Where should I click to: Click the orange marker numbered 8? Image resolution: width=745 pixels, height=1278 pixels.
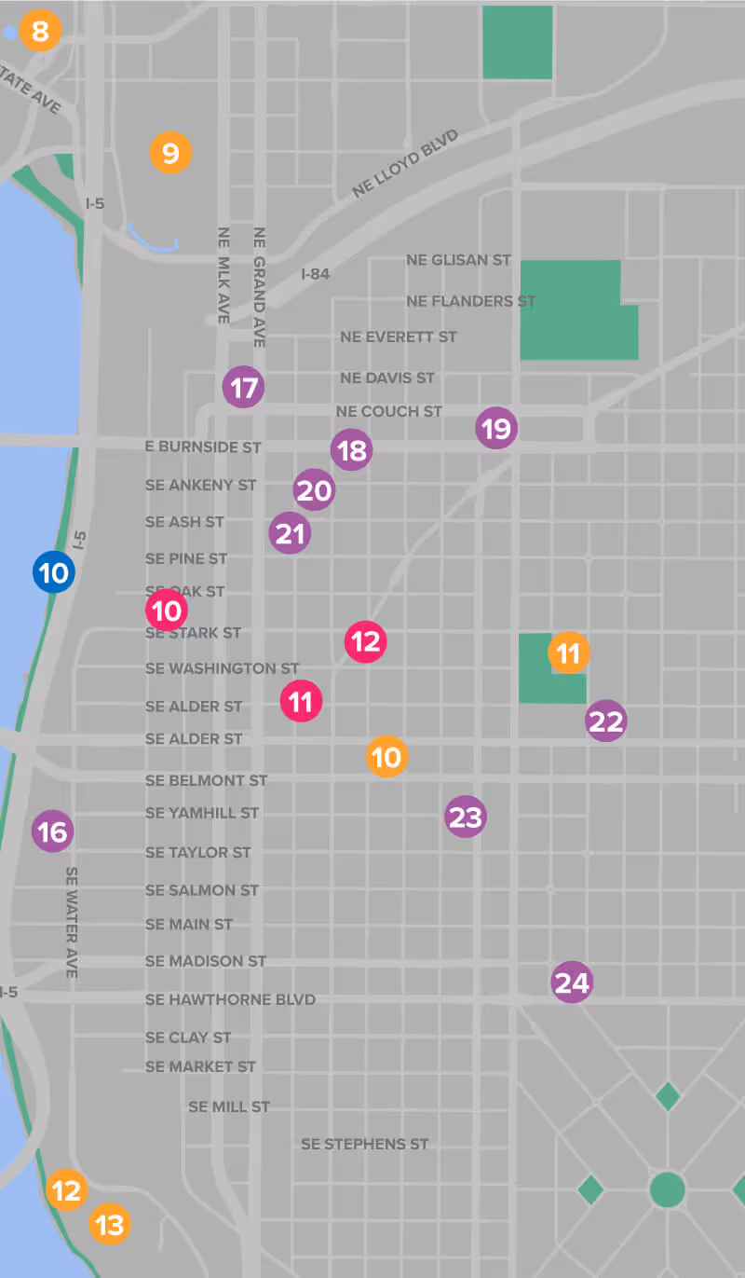39,32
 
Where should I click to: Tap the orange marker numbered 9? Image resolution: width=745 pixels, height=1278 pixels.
170,152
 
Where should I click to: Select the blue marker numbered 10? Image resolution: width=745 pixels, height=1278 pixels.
54,572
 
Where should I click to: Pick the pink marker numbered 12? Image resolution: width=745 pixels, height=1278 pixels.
366,641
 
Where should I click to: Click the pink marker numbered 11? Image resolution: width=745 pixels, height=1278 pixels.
301,701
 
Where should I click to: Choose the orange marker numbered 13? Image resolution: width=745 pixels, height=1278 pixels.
110,1224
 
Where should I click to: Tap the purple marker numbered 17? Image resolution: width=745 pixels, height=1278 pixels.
244,387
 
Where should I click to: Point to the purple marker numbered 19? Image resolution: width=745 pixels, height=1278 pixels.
496,429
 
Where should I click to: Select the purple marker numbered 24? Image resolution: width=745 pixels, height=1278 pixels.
572,983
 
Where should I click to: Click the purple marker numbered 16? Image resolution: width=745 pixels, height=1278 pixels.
53,831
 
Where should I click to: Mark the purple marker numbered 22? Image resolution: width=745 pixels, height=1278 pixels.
606,721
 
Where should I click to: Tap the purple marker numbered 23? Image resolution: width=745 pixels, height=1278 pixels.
466,818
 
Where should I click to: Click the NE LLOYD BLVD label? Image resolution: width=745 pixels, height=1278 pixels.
406,164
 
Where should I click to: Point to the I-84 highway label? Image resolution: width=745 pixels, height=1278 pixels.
316,274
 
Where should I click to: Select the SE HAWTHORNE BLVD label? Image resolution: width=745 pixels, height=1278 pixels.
230,999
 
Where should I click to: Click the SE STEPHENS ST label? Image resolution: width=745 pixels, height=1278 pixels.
364,1144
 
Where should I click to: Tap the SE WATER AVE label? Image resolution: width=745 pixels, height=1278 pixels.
72,922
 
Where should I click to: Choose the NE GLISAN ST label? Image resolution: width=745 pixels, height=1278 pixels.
458,260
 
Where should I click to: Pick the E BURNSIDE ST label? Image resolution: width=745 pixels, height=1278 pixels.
203,447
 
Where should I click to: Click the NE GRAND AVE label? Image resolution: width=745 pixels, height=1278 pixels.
259,287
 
